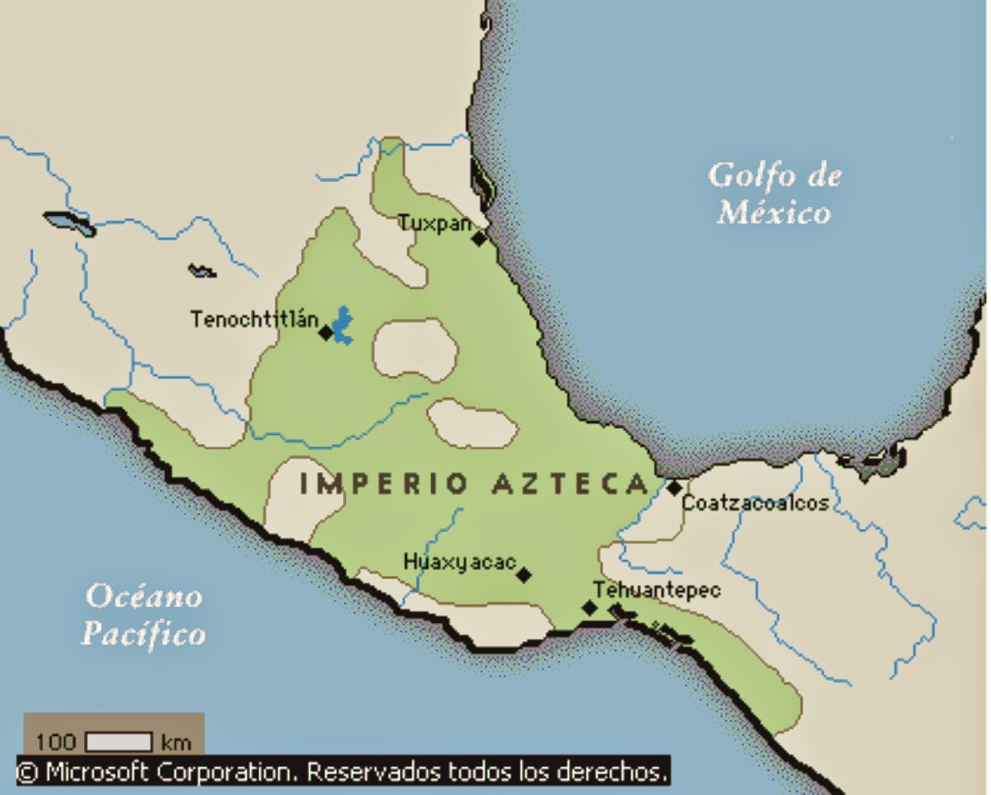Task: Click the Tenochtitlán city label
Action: click(254, 319)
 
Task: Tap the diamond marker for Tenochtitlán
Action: click(326, 333)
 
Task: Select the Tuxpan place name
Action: click(434, 224)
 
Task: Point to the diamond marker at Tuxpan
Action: click(479, 239)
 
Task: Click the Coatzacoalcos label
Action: click(755, 503)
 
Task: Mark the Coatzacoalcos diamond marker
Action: click(674, 489)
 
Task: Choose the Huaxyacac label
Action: click(458, 562)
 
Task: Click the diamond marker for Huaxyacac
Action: click(524, 575)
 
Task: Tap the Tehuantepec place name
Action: click(656, 590)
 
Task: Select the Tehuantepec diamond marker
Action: click(589, 608)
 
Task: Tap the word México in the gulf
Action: click(774, 212)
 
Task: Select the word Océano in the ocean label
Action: click(144, 597)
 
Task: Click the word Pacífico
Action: click(144, 634)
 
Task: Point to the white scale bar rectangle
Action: click(119, 741)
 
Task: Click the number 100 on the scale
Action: click(56, 741)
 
